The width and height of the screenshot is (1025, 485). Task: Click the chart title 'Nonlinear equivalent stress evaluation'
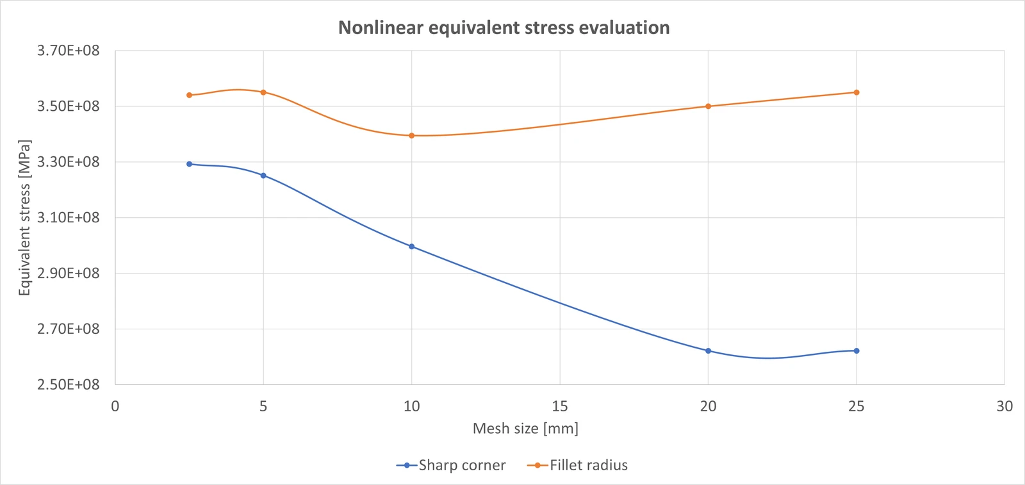coord(504,28)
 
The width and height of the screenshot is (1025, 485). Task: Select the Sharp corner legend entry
coord(451,465)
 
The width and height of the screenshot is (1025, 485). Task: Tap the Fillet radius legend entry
coord(577,465)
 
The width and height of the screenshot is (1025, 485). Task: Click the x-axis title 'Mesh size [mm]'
coord(525,429)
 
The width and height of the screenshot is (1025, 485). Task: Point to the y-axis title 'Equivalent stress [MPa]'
coord(24,218)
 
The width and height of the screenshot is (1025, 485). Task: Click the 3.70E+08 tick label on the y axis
coord(68,51)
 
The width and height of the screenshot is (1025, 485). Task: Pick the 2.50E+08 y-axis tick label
coord(68,385)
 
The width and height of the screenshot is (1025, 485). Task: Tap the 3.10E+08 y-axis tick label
coord(68,218)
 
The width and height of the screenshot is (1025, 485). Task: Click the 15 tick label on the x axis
coord(560,406)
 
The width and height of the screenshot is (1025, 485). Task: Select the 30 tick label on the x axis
coord(1004,406)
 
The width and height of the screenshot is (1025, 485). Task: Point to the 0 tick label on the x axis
coord(115,406)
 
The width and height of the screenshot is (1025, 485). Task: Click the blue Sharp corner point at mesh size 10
coord(411,247)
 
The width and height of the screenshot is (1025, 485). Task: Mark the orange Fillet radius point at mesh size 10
coord(411,135)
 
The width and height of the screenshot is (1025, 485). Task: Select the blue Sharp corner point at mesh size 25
coord(857,351)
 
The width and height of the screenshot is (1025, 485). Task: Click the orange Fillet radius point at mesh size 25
coord(857,92)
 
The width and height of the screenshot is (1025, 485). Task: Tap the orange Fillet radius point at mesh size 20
coord(709,106)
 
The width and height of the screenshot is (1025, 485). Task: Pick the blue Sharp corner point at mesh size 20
coord(709,351)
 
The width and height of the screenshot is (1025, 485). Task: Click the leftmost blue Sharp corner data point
coord(189,164)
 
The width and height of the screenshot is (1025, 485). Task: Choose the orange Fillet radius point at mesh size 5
coord(263,92)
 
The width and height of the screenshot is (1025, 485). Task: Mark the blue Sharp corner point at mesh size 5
coord(263,176)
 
